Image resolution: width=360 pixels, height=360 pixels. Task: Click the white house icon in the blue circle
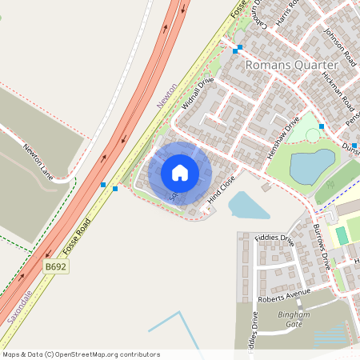(x=179, y=172)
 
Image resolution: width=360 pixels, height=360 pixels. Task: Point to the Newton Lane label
(x=38, y=162)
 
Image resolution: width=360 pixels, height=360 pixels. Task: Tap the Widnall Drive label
(x=199, y=94)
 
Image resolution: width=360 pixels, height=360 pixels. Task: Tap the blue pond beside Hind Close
(x=249, y=206)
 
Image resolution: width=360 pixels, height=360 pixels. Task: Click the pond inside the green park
(x=311, y=166)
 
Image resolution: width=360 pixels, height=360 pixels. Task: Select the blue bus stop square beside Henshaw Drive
(x=321, y=126)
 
